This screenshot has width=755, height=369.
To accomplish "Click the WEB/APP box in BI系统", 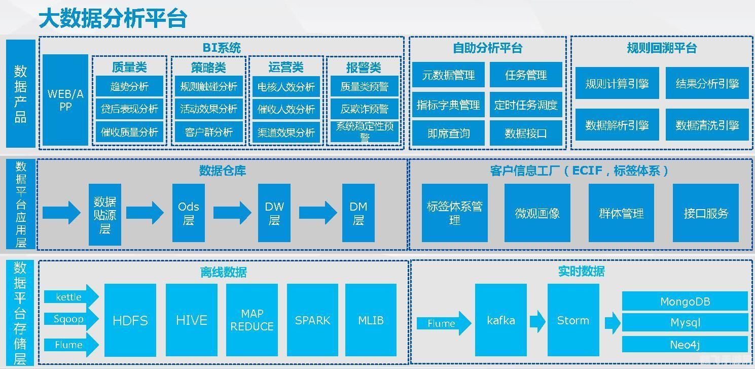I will pyautogui.click(x=65, y=100).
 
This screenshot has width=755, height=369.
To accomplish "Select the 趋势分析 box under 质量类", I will pyautogui.click(x=129, y=86).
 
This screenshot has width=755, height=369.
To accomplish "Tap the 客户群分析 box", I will pyautogui.click(x=208, y=132).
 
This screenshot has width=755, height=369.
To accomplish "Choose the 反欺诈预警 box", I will pyautogui.click(x=364, y=109).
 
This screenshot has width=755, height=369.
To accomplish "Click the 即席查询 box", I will pyautogui.click(x=448, y=133).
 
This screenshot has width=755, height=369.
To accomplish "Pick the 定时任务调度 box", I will pyautogui.click(x=526, y=105).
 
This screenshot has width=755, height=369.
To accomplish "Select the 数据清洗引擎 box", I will pyautogui.click(x=707, y=125).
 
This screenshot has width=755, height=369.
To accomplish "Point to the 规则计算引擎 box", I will pyautogui.click(x=617, y=84).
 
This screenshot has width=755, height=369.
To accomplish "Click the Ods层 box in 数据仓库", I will pyautogui.click(x=188, y=213).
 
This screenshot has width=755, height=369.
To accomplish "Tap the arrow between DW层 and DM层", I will pyautogui.click(x=317, y=213).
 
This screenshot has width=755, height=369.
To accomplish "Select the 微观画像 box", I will pyautogui.click(x=537, y=213).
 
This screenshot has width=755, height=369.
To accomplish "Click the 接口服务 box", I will pyautogui.click(x=705, y=213).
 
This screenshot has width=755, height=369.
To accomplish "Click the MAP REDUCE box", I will pyautogui.click(x=252, y=320).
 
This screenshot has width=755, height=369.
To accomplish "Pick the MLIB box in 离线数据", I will pyautogui.click(x=371, y=320).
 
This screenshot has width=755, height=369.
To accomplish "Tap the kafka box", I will pyautogui.click(x=500, y=320).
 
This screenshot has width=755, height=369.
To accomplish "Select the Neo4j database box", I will pyautogui.click(x=685, y=345).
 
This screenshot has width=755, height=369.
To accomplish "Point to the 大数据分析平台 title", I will pyautogui.click(x=113, y=18).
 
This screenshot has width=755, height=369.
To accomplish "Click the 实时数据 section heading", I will pyautogui.click(x=581, y=272).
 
